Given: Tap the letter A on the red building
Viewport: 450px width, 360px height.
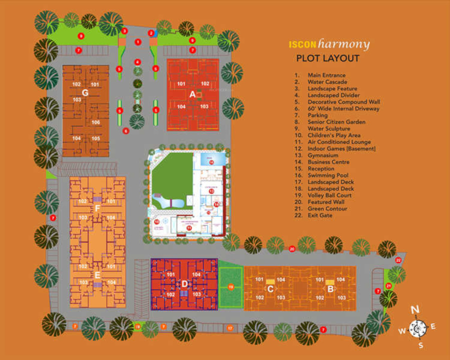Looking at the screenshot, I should [x=192, y=93].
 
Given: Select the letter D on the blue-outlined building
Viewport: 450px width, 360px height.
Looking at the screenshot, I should [x=184, y=284].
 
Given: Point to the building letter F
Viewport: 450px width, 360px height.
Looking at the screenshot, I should [x=97, y=208].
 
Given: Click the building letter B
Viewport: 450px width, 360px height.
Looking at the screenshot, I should [x=330, y=288].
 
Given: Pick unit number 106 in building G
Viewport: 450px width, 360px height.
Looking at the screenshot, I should [x=95, y=122].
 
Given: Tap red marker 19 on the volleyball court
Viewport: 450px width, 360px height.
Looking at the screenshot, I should [x=231, y=287].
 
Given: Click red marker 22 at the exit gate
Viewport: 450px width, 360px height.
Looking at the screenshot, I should [x=398, y=260].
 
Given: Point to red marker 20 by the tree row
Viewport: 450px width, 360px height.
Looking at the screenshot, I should [x=292, y=248].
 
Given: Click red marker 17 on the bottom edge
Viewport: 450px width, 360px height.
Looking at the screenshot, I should [x=230, y=328].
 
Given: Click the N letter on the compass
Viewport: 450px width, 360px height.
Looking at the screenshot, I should [x=415, y=310].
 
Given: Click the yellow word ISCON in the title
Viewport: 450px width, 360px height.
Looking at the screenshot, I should [x=301, y=44].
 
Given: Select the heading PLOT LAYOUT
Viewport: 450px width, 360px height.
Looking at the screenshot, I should [x=327, y=58].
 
